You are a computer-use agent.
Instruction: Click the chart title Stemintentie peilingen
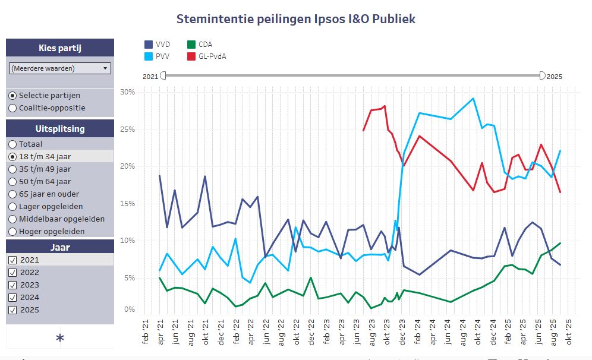[295, 19]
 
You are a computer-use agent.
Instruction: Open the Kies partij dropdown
[60, 68]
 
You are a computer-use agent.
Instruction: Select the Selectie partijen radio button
[12, 95]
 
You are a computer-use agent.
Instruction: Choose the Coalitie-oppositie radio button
[12, 108]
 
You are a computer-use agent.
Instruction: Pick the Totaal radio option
[12, 144]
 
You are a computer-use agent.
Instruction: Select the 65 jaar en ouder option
[12, 194]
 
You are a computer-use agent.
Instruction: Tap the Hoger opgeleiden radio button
[12, 231]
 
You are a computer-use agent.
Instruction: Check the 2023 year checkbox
[12, 285]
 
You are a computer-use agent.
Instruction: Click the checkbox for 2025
[12, 310]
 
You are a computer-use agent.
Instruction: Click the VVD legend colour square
[149, 45]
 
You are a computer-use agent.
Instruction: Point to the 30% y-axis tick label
[127, 92]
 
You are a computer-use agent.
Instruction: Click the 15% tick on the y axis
[127, 203]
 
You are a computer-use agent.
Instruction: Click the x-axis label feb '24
[417, 329]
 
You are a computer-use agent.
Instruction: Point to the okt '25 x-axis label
[569, 329]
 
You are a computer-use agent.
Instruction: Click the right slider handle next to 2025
[542, 75]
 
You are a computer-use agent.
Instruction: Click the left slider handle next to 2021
[163, 75]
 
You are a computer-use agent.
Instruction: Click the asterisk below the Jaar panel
[59, 338]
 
